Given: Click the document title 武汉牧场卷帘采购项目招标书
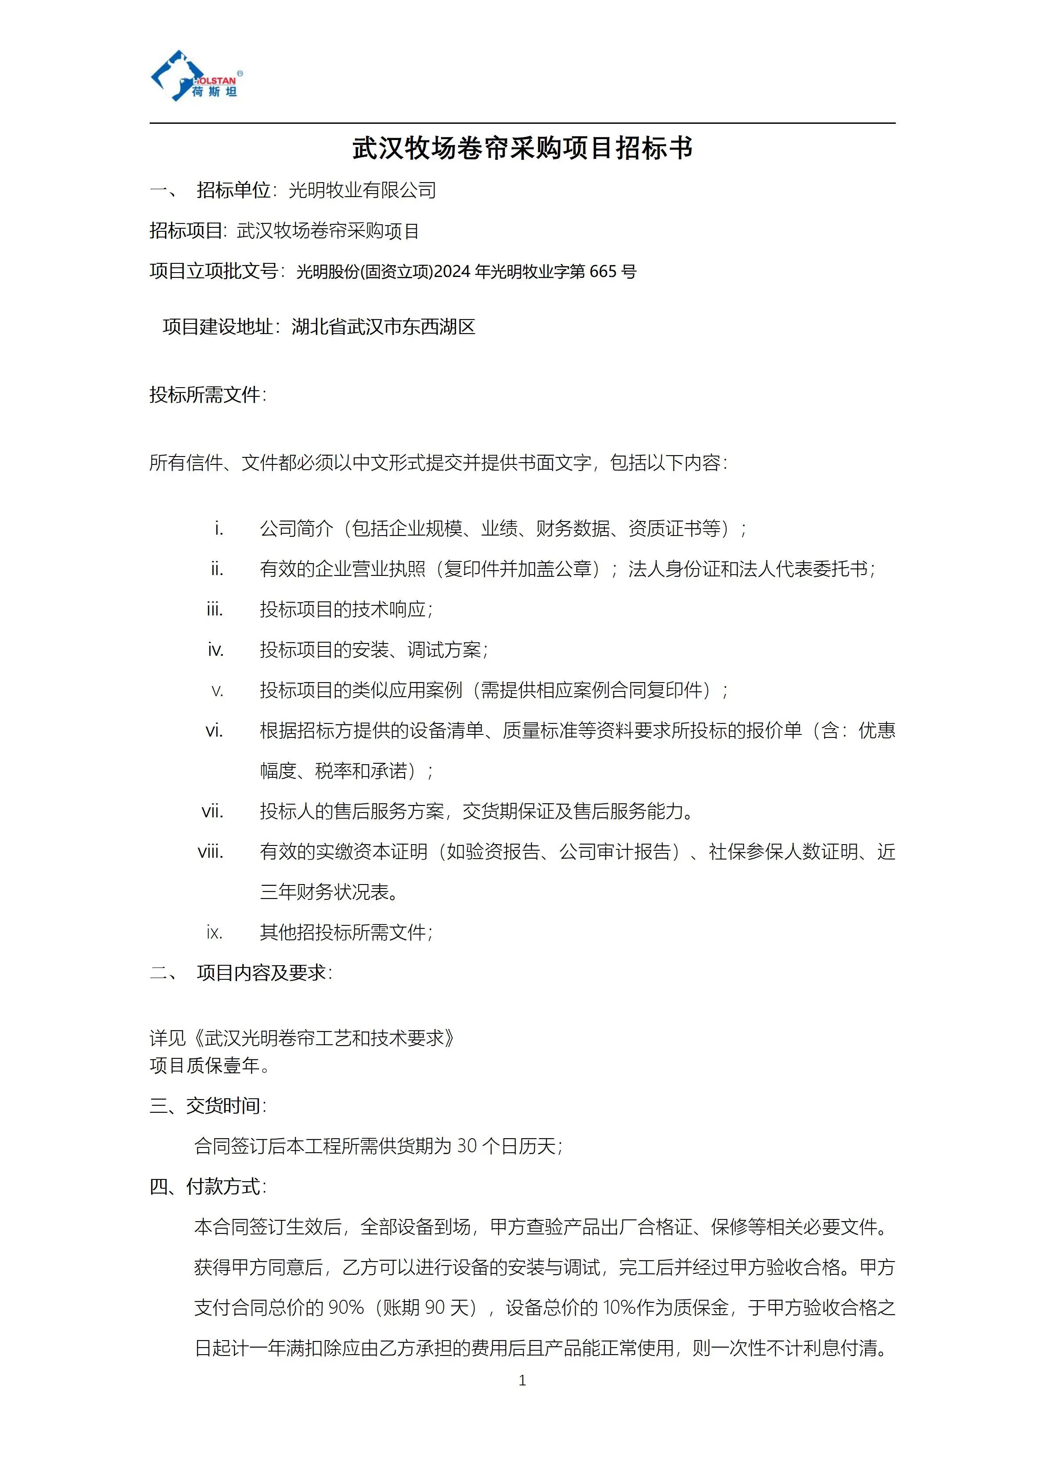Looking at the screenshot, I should click(x=522, y=149).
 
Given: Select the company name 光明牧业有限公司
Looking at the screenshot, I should click(x=362, y=191).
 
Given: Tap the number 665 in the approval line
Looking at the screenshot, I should click(x=603, y=272).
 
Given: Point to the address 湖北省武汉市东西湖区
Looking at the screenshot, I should click(x=384, y=327).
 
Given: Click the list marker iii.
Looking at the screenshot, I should click(x=215, y=610).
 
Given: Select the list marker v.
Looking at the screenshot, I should click(x=218, y=691).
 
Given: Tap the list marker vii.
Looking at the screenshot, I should click(x=213, y=812).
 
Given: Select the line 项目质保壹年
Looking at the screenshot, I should click(x=209, y=1066).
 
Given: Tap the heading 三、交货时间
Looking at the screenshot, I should click(x=207, y=1106).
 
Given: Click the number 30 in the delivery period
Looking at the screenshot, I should click(x=467, y=1147).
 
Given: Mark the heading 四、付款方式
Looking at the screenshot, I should click(x=207, y=1187).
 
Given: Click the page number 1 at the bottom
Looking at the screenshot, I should click(x=522, y=1380).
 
